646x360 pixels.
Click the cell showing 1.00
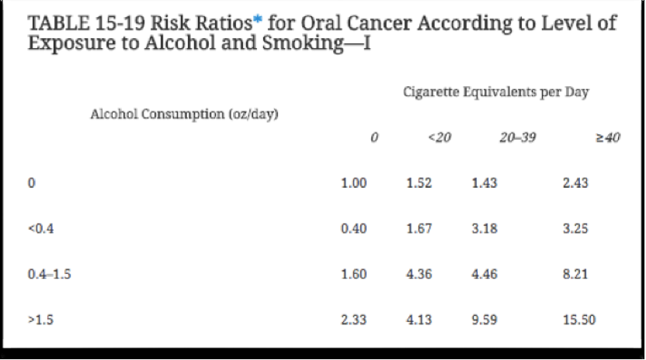tap(353, 184)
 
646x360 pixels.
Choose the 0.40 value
tap(353, 229)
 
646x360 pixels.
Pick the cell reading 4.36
tap(419, 275)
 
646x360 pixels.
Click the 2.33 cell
tap(353, 320)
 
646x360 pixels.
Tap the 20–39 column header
tap(517, 138)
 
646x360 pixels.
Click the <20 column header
tap(439, 138)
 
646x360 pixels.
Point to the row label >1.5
tap(38, 320)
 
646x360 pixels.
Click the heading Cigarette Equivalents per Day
tap(496, 92)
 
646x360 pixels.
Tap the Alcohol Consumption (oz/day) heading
tap(185, 114)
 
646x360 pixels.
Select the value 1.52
tap(419, 184)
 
